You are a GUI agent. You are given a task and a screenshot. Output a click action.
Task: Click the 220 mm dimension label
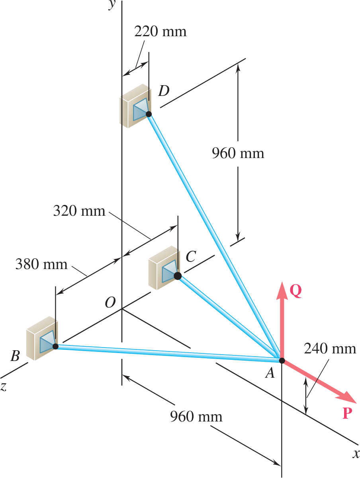(x=160, y=31)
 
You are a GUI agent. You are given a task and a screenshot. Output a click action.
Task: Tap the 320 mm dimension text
(x=79, y=211)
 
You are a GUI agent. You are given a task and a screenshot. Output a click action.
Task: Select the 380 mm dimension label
(x=42, y=264)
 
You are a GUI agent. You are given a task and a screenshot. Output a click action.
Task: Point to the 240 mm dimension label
(x=330, y=349)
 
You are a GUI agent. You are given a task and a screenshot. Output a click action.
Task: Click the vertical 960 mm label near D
(x=238, y=153)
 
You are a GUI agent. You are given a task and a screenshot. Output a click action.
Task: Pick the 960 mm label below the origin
(x=196, y=417)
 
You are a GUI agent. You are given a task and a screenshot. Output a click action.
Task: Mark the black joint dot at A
(x=282, y=361)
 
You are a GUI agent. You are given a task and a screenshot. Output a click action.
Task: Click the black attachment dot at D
(x=149, y=114)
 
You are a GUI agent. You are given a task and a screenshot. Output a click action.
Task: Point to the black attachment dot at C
(x=178, y=275)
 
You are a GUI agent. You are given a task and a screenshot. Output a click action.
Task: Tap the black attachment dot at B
(x=55, y=346)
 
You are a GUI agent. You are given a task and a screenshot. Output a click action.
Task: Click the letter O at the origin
(x=110, y=303)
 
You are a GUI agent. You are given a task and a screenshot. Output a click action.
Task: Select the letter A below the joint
(x=270, y=373)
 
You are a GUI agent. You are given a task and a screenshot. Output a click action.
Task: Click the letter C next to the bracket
(x=190, y=257)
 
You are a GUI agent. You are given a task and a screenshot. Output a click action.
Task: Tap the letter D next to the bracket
(x=163, y=91)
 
